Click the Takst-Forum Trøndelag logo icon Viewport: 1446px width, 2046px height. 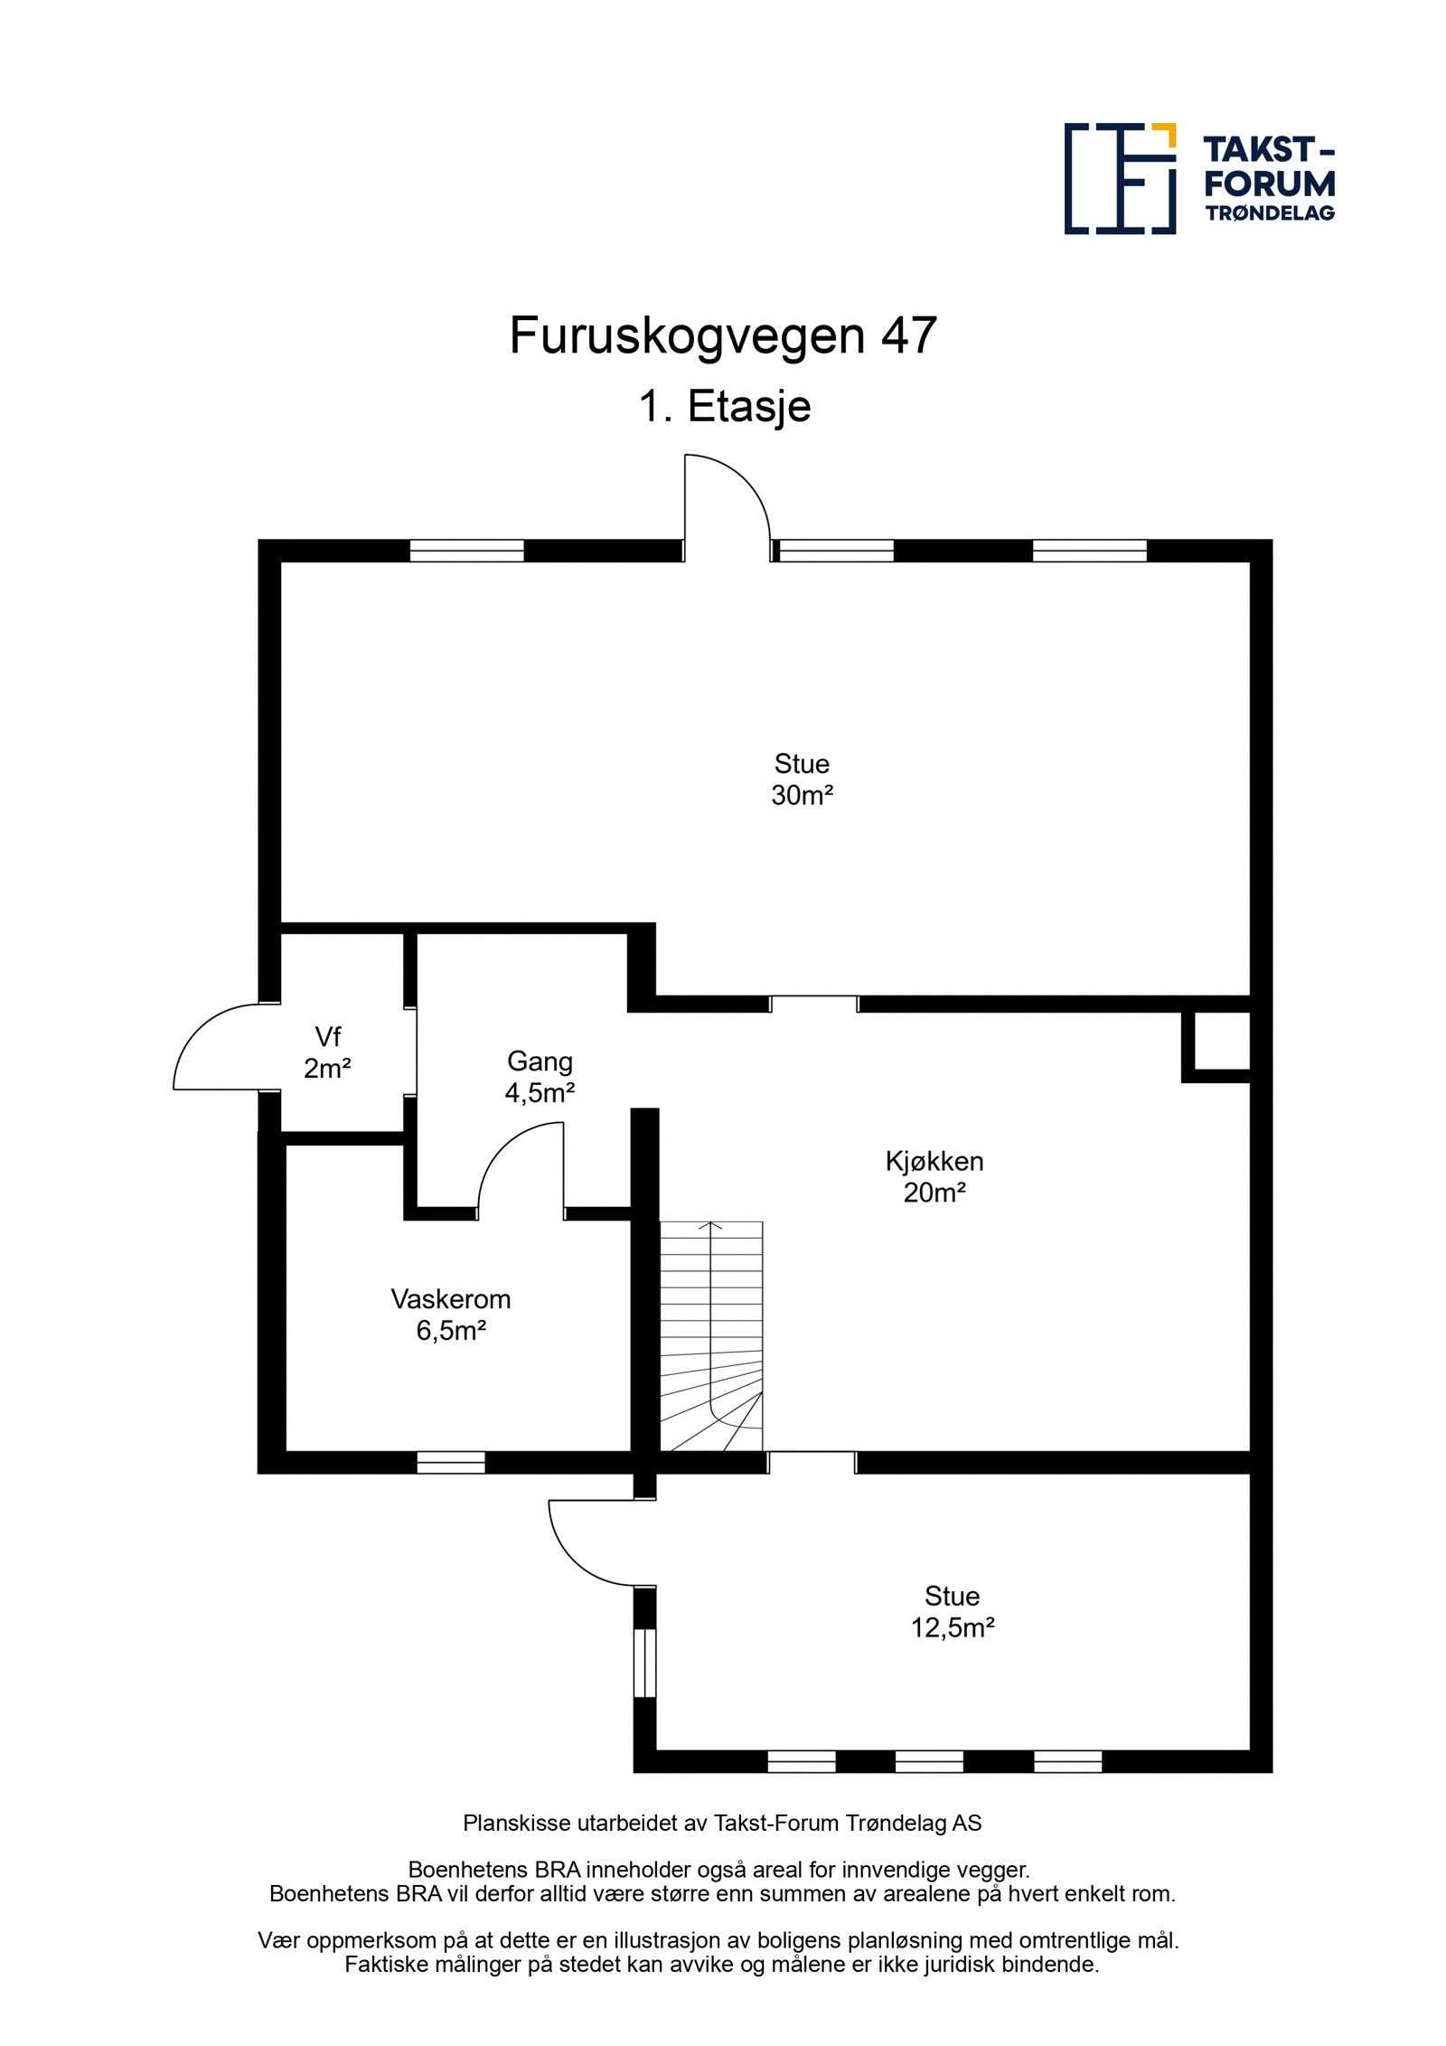1119,178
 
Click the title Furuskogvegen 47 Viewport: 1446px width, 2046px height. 722,335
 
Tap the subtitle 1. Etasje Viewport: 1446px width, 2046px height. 724,406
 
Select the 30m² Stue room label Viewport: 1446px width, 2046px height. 801,779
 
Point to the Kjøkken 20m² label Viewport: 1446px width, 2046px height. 934,1175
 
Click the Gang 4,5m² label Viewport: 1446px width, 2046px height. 540,1076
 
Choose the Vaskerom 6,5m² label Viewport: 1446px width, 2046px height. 450,1314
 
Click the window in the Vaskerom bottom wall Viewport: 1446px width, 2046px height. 450,1462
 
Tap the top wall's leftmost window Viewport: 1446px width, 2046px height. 466,551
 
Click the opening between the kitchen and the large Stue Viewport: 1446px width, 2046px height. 812,1004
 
